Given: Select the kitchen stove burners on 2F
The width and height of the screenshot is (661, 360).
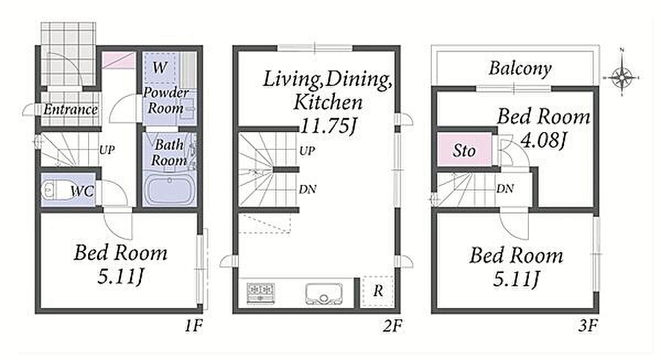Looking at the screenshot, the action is point(261,293).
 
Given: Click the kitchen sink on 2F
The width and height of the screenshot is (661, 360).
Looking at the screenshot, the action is point(324,293).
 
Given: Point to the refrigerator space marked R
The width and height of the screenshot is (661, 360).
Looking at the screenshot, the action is point(378,292).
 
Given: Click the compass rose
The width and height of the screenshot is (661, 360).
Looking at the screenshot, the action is point(621,78).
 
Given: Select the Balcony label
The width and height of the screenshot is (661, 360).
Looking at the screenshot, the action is point(520,69).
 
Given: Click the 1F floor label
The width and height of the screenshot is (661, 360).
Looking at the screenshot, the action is point(193,326).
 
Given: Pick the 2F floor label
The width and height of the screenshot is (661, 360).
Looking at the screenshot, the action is point(392,326).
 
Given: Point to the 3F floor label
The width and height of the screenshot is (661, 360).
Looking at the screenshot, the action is point(588,326).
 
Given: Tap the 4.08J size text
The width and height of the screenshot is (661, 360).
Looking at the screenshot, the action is point(543,140).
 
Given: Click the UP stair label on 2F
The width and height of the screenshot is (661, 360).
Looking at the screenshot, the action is point(307,151).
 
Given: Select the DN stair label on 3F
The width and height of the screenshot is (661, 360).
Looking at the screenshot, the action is point(505,189).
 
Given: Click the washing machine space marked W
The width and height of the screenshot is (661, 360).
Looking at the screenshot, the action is point(160,68).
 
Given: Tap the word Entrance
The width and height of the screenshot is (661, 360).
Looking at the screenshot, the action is point(71,110).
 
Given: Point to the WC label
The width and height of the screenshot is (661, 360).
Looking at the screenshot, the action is point(82,192).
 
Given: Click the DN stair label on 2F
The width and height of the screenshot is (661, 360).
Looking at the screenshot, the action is point(307,189).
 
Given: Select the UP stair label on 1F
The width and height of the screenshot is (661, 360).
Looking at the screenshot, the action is point(106,150).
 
